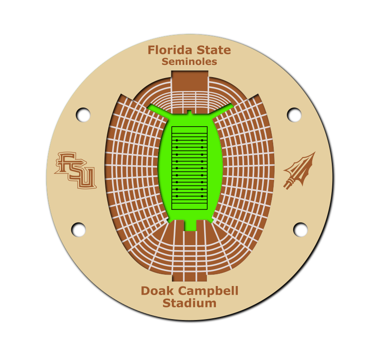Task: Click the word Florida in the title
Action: (x=170, y=50)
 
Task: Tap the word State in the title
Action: (x=214, y=50)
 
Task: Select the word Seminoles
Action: (x=189, y=61)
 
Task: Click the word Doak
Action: (x=157, y=291)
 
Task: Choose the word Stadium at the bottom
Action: (x=190, y=303)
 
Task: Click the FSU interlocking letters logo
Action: (x=75, y=170)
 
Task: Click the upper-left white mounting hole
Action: (x=83, y=115)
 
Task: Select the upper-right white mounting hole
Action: (x=294, y=115)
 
